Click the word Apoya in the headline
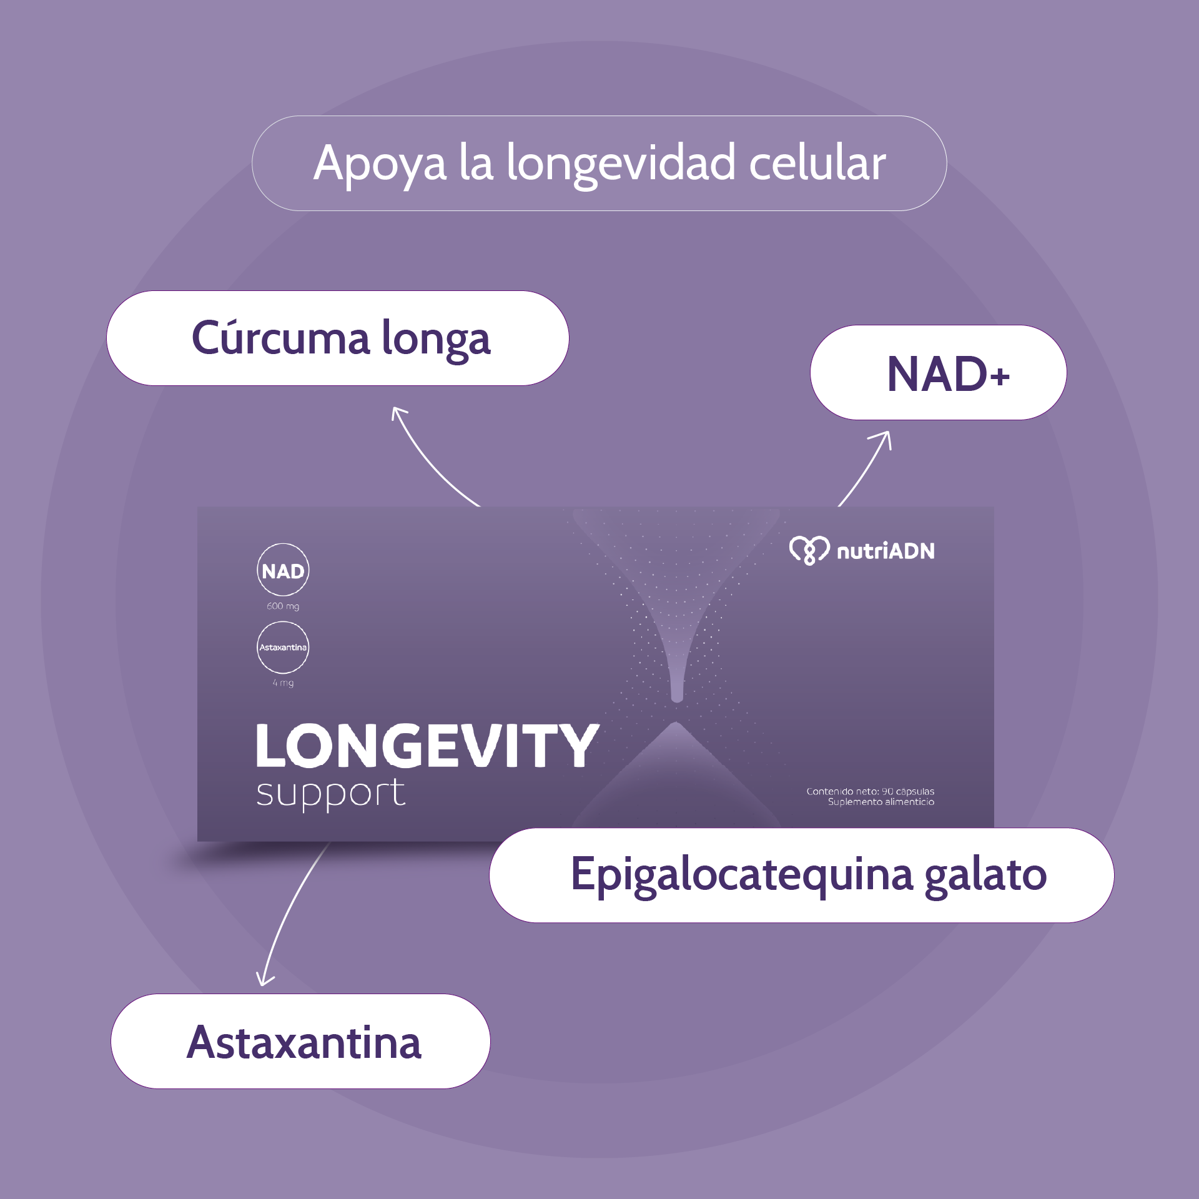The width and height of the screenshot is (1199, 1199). [380, 164]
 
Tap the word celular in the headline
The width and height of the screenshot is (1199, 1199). [817, 162]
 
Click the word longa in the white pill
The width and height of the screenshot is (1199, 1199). [436, 340]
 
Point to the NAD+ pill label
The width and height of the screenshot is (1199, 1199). [948, 373]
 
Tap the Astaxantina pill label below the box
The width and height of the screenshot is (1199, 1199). [304, 1042]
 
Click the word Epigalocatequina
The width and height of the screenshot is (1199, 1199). [743, 875]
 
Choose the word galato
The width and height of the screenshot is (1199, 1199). [985, 875]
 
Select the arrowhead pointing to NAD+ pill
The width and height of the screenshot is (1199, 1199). [884, 437]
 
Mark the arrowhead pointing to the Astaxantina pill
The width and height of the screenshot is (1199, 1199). [264, 979]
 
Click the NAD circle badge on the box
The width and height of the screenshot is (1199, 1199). [283, 570]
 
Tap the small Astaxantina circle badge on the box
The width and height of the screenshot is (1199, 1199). [283, 647]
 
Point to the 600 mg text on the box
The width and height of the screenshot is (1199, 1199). [283, 606]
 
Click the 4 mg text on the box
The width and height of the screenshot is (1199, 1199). [283, 683]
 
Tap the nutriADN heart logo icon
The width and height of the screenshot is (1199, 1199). [809, 550]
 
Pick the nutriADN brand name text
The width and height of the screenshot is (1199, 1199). [886, 551]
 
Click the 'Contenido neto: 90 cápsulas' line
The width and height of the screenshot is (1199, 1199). [870, 791]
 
